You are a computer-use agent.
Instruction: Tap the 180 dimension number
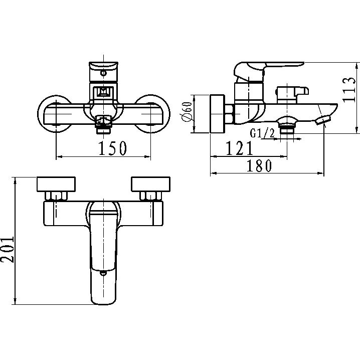tap(259, 166)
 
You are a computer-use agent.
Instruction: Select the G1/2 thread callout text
tap(262, 133)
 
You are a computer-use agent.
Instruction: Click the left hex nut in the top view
tap(55, 196)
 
